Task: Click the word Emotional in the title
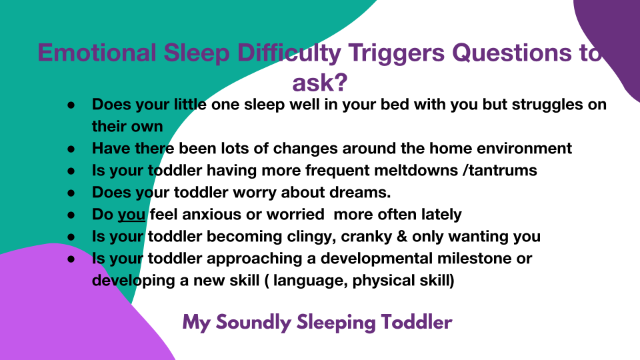click(x=97, y=53)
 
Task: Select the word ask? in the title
click(x=319, y=83)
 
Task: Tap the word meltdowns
click(x=416, y=170)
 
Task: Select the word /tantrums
click(x=500, y=170)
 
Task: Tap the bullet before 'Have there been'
click(x=71, y=149)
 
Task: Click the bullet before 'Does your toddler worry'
click(x=71, y=193)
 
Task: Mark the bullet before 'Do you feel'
click(x=71, y=215)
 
